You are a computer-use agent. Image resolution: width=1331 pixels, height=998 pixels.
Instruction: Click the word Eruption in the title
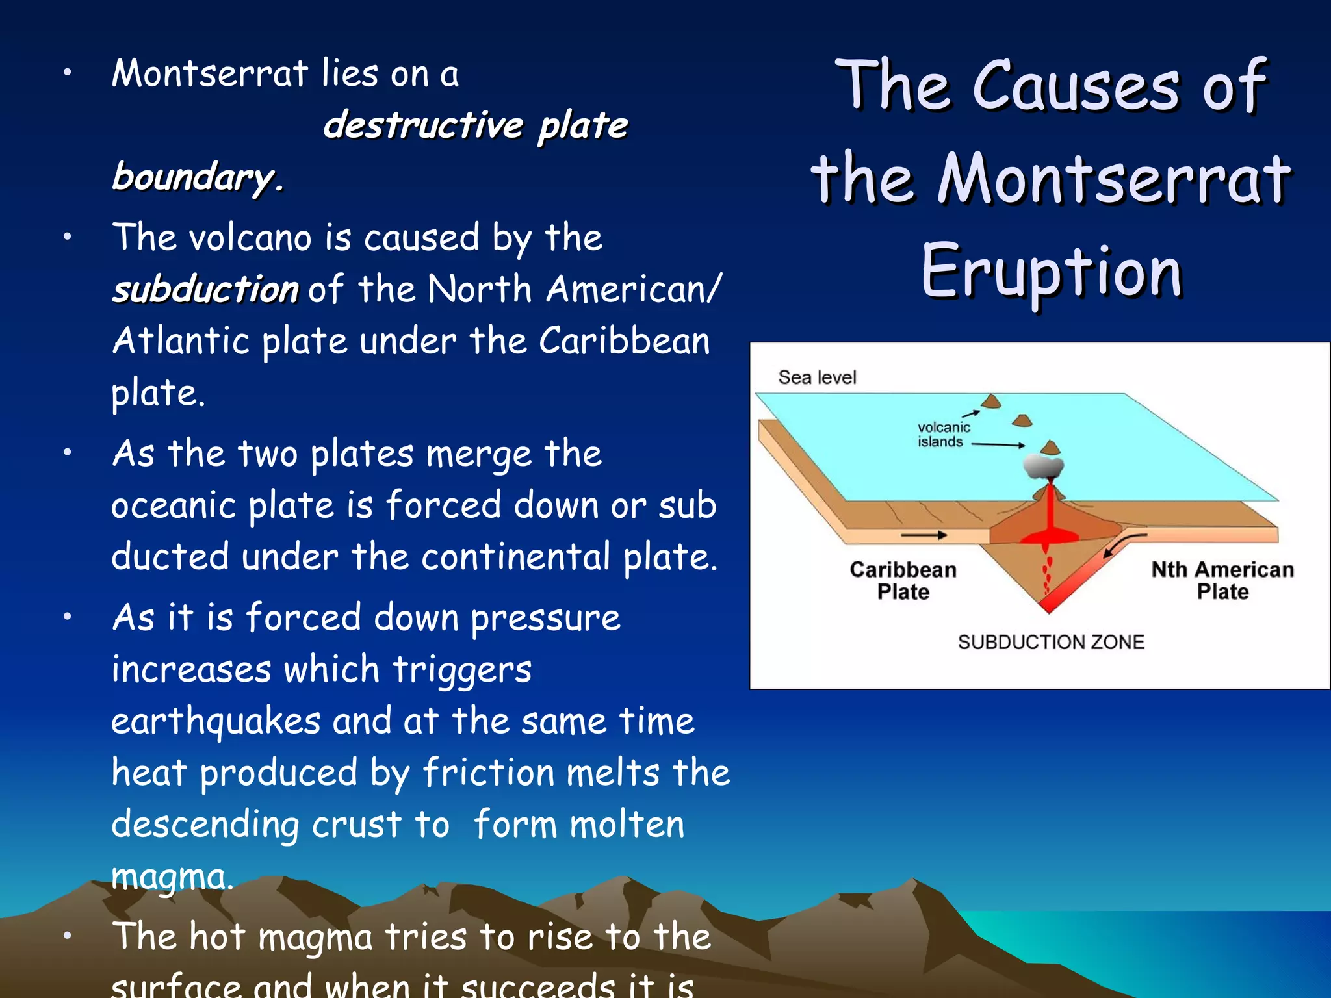coord(1051,272)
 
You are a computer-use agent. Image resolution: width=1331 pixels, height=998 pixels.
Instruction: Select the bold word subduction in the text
coord(205,289)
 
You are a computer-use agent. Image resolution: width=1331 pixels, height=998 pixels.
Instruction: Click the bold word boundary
coord(197,177)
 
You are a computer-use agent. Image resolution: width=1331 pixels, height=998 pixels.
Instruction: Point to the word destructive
coord(423,125)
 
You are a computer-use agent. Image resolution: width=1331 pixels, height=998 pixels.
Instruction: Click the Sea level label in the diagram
coord(817,377)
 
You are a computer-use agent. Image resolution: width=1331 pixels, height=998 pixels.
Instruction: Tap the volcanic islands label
coord(943,435)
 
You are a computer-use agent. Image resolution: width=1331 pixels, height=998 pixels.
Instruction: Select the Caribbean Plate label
coord(903,580)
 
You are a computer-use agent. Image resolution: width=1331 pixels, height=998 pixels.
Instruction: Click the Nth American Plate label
coord(1222,580)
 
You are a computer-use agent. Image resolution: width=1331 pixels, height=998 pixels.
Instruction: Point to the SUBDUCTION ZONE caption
coord(1050,642)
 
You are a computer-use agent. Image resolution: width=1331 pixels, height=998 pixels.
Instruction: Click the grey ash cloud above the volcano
coord(1044,465)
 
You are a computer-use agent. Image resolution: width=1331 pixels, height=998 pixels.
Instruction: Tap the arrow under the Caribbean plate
coord(924,535)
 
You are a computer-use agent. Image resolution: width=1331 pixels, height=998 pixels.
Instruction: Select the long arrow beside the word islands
coord(998,445)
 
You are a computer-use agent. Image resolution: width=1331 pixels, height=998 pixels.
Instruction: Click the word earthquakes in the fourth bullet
coord(216,721)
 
